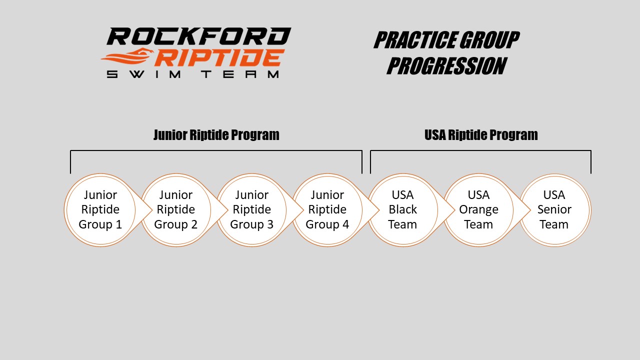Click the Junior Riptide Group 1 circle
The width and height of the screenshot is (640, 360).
click(100, 210)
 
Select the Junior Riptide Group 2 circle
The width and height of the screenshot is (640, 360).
click(176, 210)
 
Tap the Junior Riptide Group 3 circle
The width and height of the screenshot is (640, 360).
click(251, 210)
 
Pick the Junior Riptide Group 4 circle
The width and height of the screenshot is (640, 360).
click(327, 210)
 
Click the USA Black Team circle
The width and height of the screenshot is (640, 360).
click(403, 210)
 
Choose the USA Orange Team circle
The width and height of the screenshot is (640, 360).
click(478, 210)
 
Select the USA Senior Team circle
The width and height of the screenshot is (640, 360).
click(554, 210)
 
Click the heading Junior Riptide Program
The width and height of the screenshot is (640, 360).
click(216, 135)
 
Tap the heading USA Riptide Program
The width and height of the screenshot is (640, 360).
click(481, 135)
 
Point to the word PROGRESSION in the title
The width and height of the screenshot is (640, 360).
click(447, 66)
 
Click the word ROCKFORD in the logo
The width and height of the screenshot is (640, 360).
click(199, 36)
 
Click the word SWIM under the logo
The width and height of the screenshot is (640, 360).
click(143, 74)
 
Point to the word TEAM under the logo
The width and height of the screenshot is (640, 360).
click(240, 74)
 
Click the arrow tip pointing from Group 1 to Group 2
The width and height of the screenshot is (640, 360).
click(152, 210)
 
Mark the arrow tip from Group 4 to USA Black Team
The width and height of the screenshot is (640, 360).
click(379, 210)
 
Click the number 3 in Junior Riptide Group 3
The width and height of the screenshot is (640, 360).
click(270, 224)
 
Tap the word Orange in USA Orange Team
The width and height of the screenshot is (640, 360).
click(478, 210)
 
